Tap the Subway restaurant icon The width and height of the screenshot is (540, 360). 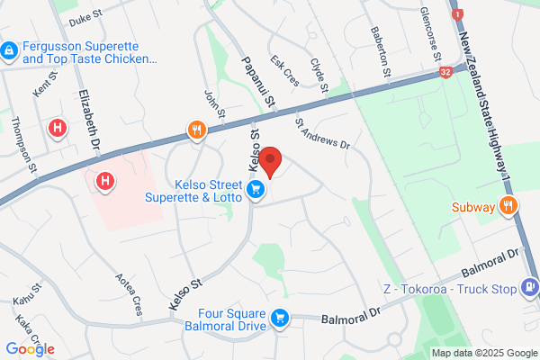pos(508,206)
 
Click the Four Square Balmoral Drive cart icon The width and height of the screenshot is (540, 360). pos(280,317)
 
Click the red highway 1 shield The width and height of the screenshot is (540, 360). pos(459,15)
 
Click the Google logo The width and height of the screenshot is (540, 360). pos(30,349)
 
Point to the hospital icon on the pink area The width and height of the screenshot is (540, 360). pos(106,182)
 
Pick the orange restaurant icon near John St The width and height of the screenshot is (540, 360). pos(198,132)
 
